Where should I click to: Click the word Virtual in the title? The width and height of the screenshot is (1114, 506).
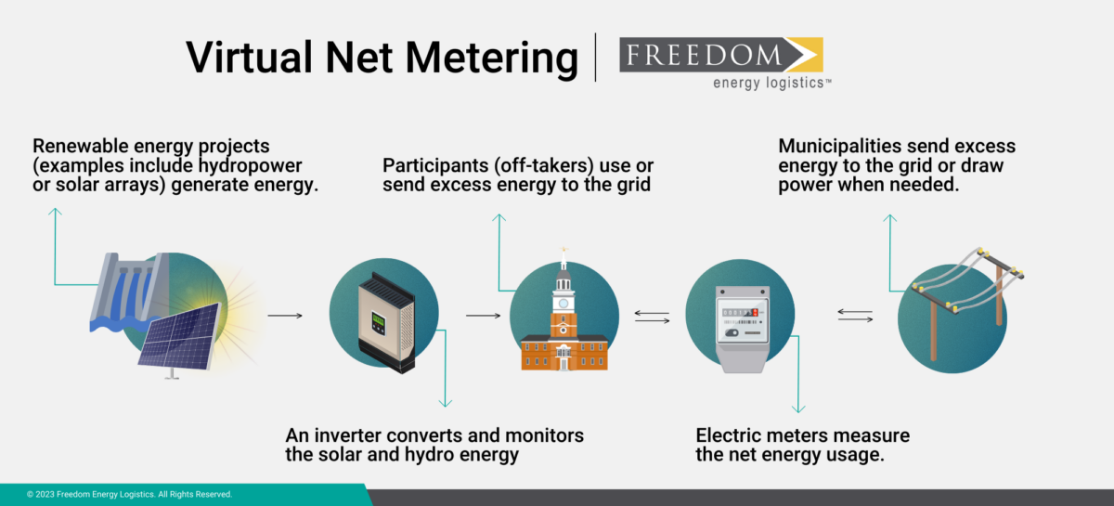click(x=243, y=57)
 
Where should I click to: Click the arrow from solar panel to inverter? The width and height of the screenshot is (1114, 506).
click(x=285, y=316)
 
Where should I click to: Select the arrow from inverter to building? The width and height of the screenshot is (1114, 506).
click(x=484, y=316)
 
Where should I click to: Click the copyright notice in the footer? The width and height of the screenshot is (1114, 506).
click(x=130, y=495)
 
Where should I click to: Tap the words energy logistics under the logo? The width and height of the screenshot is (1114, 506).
click(x=771, y=84)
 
